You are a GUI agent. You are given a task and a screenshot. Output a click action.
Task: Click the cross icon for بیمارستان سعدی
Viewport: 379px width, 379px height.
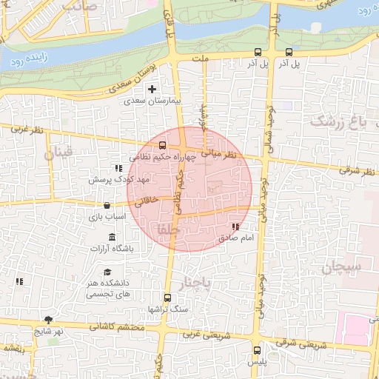click(x=152, y=89)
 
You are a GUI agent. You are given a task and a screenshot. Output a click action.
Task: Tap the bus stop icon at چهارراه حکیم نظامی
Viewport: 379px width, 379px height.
click(x=163, y=144)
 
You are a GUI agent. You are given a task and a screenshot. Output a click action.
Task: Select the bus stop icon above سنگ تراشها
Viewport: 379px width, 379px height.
click(x=167, y=298)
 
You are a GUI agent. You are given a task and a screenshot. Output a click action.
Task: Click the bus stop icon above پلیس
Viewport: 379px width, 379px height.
click(x=257, y=351)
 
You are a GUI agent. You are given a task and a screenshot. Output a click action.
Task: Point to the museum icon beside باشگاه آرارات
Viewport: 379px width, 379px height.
click(x=112, y=237)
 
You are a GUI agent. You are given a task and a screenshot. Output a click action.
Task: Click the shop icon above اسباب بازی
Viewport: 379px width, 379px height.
click(x=107, y=205)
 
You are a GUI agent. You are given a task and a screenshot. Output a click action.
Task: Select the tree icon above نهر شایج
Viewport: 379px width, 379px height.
click(x=49, y=320)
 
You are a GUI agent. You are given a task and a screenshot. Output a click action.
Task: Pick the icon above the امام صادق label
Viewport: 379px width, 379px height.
click(x=235, y=227)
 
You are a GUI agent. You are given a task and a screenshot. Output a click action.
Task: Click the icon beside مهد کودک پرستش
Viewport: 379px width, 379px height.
click(x=118, y=169)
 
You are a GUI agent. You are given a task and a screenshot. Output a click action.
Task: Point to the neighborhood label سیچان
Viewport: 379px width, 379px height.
click(x=340, y=267)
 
